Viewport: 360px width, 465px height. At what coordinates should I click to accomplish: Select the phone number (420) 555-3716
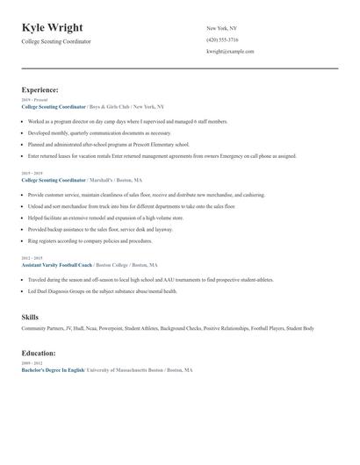[222, 39]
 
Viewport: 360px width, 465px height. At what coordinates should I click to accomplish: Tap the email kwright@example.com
[230, 51]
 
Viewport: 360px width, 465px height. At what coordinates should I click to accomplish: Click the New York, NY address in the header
[223, 28]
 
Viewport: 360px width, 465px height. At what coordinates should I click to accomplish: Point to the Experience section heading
[40, 89]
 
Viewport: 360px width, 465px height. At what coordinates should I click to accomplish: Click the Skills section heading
[30, 316]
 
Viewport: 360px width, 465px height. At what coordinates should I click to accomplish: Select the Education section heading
[39, 353]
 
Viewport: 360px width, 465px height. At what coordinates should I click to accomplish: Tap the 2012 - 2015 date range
[32, 258]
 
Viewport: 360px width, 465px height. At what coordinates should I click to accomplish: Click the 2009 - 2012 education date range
[32, 362]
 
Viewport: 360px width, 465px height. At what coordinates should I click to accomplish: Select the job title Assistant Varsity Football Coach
[56, 264]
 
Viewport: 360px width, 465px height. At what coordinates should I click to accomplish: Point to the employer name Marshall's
[105, 179]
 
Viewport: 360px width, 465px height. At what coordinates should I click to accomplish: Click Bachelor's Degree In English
[53, 370]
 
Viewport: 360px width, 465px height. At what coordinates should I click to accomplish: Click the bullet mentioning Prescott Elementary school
[108, 144]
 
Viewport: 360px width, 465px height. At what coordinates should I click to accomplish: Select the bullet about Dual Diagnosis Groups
[102, 290]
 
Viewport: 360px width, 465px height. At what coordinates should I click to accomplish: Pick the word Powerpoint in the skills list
[110, 328]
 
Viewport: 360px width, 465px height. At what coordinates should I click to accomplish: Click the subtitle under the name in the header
[56, 41]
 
